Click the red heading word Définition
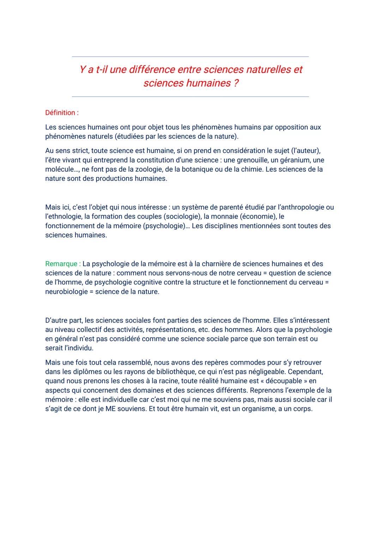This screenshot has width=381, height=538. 60,113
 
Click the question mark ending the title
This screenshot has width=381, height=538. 236,83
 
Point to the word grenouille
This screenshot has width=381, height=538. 249,160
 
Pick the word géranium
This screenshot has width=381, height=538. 292,160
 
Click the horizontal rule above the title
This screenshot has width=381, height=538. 190,56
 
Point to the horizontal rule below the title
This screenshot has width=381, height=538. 190,97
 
